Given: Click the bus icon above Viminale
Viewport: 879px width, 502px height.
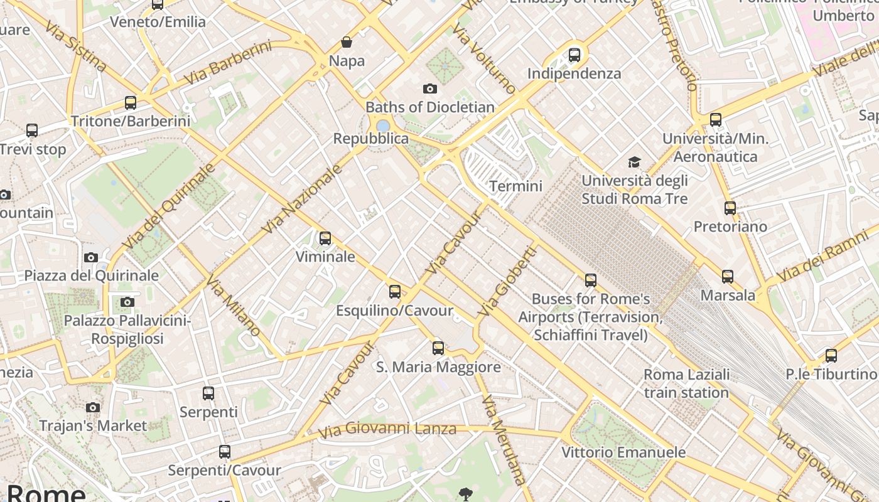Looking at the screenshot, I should [325, 238].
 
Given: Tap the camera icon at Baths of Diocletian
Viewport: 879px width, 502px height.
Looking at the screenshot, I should [430, 88].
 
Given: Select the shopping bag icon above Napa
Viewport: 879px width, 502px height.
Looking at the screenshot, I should [347, 42].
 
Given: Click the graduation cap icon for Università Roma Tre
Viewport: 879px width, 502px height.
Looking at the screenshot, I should [634, 163].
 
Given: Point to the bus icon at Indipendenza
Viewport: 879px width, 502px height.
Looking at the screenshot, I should [574, 55].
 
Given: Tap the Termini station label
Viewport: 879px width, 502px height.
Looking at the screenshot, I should [515, 186].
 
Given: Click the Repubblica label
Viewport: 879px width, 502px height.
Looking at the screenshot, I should [371, 139].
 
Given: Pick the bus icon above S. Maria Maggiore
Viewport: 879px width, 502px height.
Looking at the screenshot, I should [438, 348].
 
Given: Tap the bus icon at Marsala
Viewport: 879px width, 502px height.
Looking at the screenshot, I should [728, 276].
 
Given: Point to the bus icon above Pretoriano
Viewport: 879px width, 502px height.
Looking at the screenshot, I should [730, 208].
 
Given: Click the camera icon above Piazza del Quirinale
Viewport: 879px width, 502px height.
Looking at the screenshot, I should [91, 257].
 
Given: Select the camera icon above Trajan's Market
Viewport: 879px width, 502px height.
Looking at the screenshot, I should [93, 407].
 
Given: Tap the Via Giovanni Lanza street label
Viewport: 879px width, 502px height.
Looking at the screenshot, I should [387, 430].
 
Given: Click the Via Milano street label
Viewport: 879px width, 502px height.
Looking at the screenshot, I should [233, 307].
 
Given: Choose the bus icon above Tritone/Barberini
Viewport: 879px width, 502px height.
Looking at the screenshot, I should [131, 103].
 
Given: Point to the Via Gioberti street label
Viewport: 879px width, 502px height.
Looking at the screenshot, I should [507, 282].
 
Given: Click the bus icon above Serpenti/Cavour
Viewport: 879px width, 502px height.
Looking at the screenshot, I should [224, 452].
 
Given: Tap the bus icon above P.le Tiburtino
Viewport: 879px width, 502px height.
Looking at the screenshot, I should [831, 356].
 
